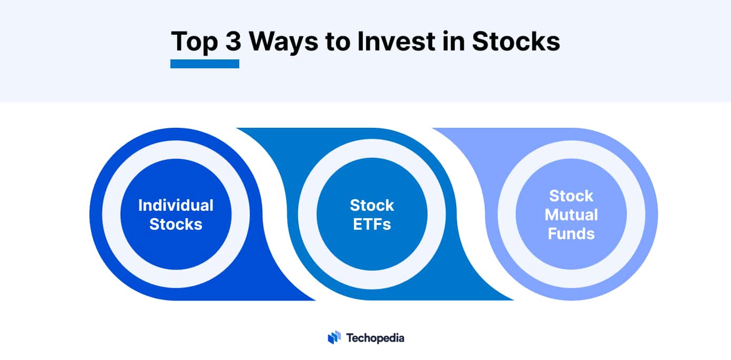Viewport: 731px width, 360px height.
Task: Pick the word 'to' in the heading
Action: coord(337,42)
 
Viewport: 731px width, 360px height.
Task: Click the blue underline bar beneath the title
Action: coord(205,64)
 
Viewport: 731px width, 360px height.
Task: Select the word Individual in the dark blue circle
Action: coord(176,205)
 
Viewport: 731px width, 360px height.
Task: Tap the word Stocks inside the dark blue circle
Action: coord(176,224)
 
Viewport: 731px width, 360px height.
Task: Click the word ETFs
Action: coord(372,224)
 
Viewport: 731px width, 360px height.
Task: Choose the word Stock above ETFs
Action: coord(372,205)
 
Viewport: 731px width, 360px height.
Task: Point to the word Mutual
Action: coord(571,214)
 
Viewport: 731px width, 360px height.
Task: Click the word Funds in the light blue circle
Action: coord(571,233)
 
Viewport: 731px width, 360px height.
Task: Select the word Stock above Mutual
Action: coord(571,196)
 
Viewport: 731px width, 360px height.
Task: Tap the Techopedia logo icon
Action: coord(334,337)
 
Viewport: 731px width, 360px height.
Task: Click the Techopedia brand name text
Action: coord(375,337)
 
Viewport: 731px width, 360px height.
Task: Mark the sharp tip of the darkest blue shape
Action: coord(313,300)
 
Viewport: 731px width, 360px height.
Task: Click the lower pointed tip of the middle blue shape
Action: coord(512,300)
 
